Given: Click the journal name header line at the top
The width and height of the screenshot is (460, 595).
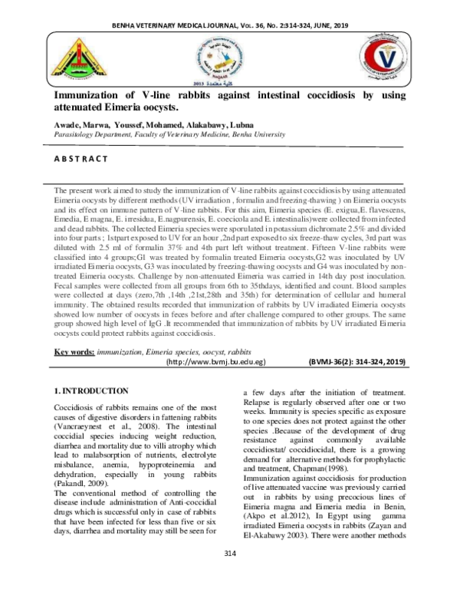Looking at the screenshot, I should pyautogui.click(x=229, y=25).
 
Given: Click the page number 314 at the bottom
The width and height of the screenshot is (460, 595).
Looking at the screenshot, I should pyautogui.click(x=229, y=576).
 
